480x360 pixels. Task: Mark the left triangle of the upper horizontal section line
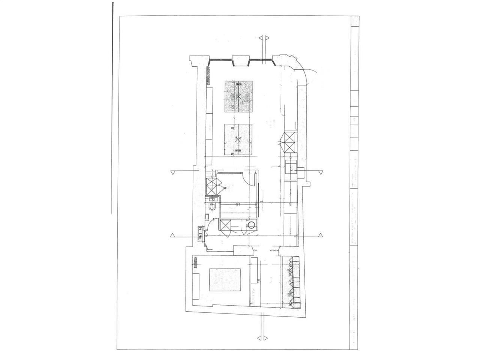pyautogui.click(x=173, y=172)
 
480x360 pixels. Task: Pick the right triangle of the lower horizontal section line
pyautogui.click(x=320, y=235)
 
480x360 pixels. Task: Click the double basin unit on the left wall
pyautogui.click(x=199, y=232)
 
